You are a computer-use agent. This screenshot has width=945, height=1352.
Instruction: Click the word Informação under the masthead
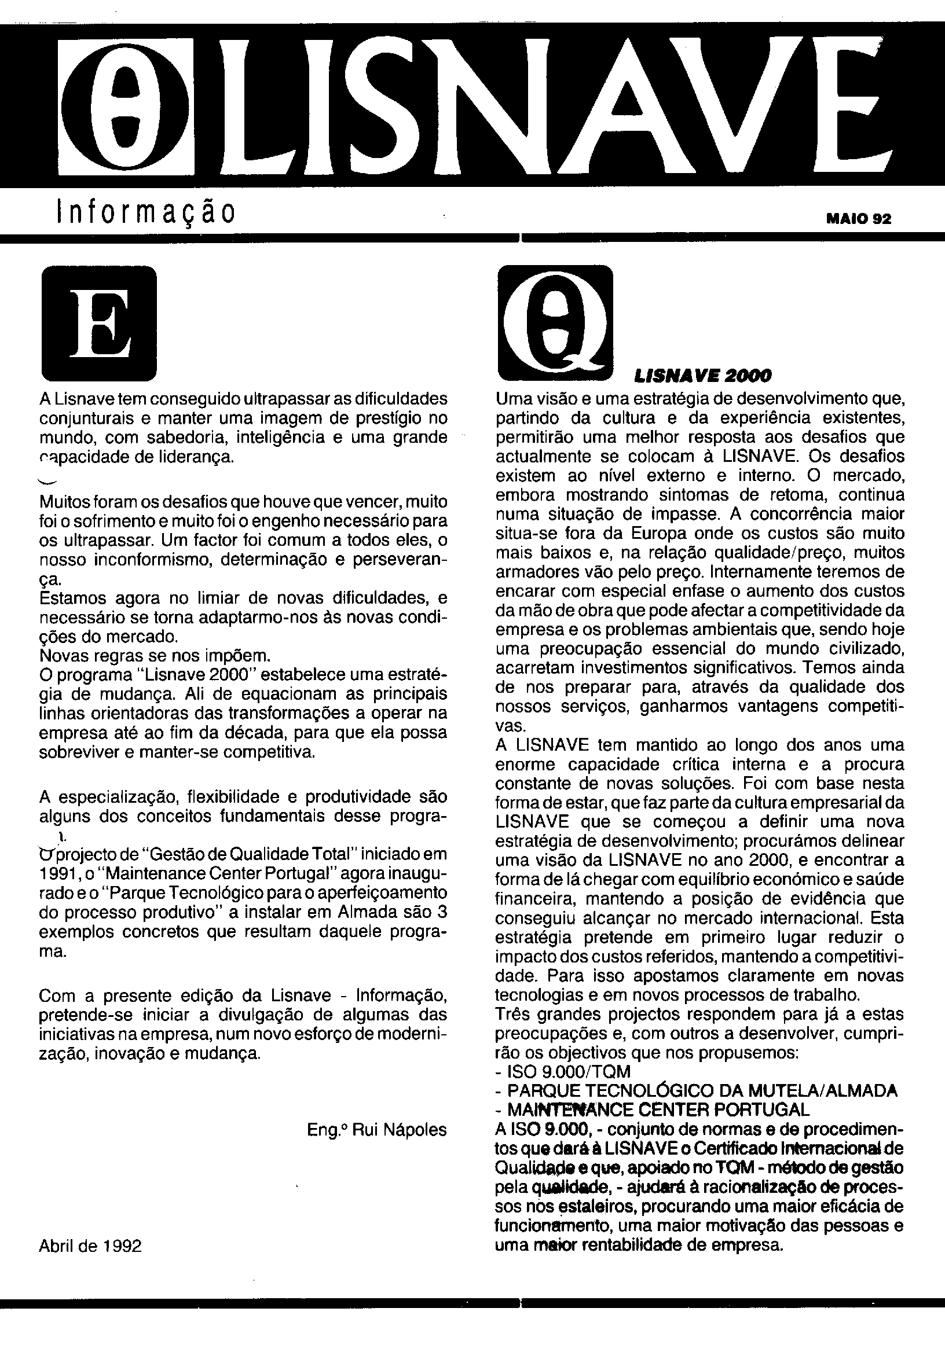(145, 213)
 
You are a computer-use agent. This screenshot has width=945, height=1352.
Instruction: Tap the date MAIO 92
(858, 219)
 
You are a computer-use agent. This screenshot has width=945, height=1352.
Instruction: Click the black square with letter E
(99, 324)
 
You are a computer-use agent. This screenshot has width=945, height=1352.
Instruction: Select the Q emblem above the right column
(555, 324)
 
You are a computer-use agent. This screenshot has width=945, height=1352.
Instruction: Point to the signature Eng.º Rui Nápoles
(376, 1130)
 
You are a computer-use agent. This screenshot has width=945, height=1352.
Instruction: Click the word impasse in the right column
(680, 514)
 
